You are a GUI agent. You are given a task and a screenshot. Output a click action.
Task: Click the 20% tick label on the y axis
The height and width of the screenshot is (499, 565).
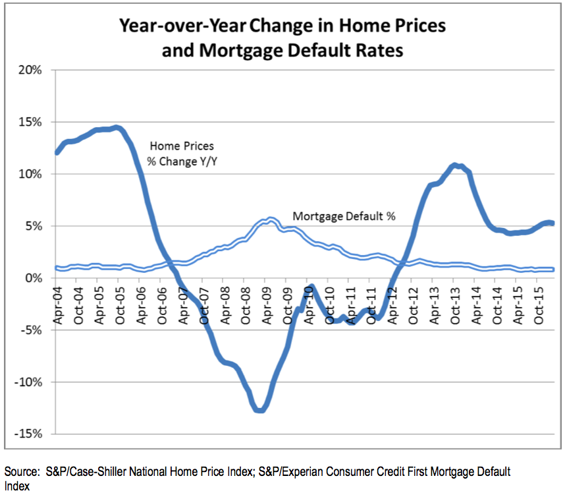(x=30, y=71)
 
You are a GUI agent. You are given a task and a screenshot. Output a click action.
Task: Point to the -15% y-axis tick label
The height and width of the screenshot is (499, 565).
(x=28, y=434)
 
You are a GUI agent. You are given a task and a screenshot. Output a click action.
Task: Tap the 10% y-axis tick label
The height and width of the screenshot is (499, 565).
(x=30, y=174)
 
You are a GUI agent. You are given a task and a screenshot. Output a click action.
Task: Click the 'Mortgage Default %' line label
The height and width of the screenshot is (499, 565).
(x=344, y=216)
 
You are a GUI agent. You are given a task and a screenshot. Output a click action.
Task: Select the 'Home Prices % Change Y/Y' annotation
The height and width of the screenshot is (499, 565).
(x=184, y=153)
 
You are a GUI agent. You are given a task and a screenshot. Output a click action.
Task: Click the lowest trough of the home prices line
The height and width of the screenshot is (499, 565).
(x=260, y=410)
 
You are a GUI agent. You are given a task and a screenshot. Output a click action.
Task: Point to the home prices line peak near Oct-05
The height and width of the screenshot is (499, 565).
(x=116, y=127)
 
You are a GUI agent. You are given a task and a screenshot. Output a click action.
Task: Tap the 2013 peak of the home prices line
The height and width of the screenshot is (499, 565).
(x=455, y=165)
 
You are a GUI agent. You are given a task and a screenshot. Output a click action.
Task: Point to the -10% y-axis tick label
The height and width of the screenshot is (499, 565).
(x=28, y=382)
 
